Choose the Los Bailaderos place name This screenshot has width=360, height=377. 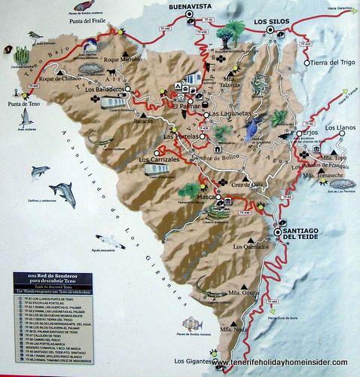pyautogui.click(x=105, y=89)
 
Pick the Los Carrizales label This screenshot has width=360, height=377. pyautogui.click(x=158, y=160)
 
